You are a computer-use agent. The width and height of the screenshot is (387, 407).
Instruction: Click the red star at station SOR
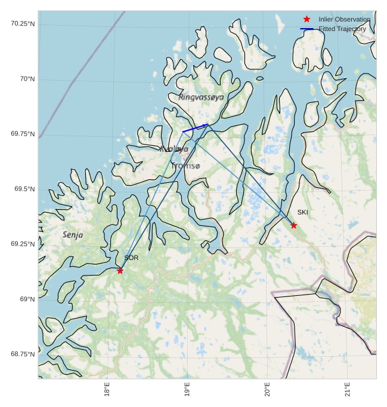[120, 271]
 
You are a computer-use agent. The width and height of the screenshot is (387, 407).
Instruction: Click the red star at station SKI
[293, 225]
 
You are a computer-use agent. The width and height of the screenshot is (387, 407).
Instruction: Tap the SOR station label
[131, 258]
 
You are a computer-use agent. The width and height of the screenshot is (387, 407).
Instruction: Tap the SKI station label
[303, 212]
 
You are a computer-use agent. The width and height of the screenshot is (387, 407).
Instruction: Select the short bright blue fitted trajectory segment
[195, 128]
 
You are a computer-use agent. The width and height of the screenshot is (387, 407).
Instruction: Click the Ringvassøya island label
[202, 97]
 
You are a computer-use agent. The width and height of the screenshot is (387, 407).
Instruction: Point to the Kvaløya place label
[174, 149]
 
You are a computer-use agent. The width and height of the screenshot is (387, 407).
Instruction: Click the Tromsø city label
[187, 166]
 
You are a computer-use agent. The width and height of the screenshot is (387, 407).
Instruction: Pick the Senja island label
[73, 235]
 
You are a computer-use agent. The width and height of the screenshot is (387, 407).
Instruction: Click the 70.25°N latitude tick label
[23, 23]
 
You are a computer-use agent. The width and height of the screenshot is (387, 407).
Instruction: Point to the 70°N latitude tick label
[27, 79]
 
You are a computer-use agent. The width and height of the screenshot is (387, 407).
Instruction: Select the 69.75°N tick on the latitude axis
[23, 134]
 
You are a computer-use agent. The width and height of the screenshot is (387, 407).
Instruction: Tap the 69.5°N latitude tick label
[24, 189]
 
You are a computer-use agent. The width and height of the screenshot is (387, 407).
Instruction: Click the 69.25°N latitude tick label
[23, 244]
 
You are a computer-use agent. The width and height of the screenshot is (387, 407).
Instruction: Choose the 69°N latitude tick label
[27, 299]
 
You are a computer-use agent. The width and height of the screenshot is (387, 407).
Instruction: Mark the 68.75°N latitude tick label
[23, 354]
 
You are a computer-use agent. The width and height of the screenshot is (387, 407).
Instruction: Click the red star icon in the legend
[306, 19]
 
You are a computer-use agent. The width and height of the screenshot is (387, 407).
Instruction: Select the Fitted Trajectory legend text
[342, 29]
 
